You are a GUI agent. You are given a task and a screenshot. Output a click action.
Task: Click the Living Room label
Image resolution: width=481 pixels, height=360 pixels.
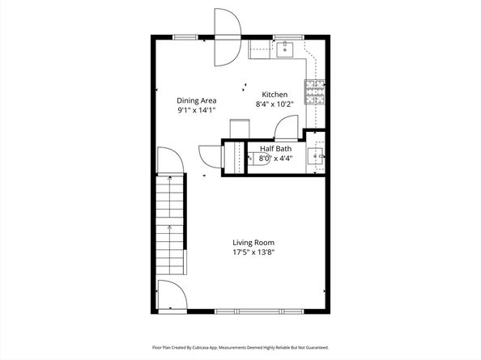[x=253, y=243]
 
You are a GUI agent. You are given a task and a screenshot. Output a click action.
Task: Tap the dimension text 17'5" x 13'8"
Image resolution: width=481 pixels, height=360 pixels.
[x=253, y=252]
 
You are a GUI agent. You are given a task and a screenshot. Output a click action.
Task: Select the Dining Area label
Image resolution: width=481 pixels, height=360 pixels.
[x=197, y=100]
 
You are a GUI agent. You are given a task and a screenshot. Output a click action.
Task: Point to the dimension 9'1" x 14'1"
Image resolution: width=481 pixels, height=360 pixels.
[x=197, y=111]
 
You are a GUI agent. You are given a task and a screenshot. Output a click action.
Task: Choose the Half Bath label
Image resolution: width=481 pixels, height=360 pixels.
[x=275, y=148]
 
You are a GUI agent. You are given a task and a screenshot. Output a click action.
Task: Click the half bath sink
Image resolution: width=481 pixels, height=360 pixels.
[x=317, y=158]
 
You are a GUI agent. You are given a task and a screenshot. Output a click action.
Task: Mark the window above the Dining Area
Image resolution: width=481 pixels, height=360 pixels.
[x=185, y=36]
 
